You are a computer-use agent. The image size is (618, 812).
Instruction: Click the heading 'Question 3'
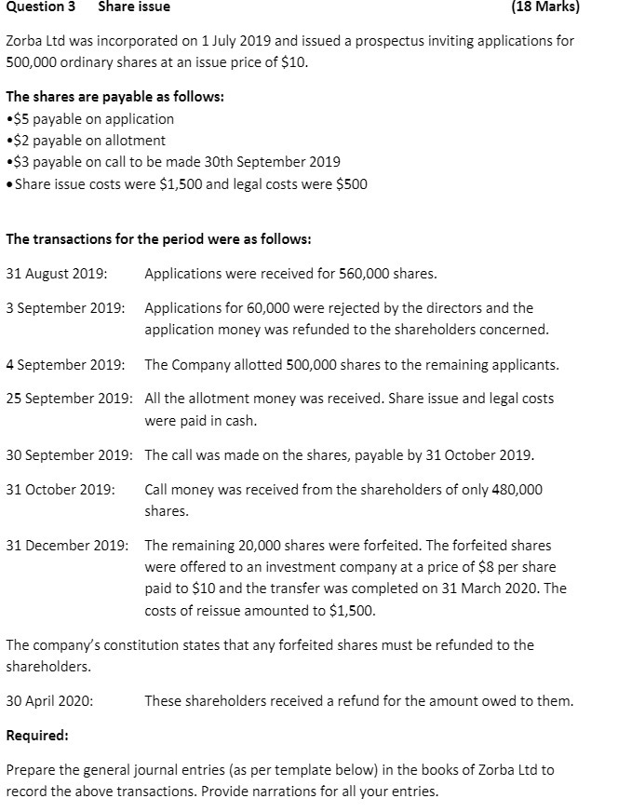(40, 7)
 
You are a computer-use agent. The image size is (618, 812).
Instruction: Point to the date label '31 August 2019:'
(56, 274)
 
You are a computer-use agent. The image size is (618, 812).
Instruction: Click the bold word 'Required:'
(37, 736)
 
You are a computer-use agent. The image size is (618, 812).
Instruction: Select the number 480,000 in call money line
(517, 490)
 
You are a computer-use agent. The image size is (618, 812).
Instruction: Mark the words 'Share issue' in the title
(134, 7)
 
